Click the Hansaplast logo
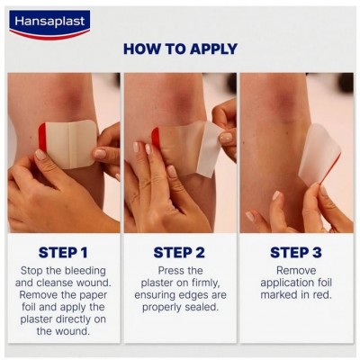[x=49, y=22]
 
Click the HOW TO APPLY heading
[x=180, y=49]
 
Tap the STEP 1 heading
[x=64, y=252]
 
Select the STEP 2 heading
[x=179, y=252]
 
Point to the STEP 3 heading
[x=295, y=252]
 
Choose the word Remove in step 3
[x=295, y=270]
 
